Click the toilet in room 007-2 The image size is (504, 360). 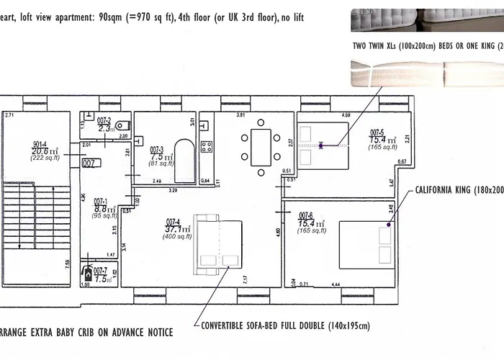[122, 122]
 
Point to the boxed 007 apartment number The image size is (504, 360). [89, 163]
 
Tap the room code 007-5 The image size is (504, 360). [378, 132]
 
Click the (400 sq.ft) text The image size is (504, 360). [176, 237]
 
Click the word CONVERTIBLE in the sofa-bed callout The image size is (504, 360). [226, 326]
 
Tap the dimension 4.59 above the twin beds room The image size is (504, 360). [346, 115]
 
